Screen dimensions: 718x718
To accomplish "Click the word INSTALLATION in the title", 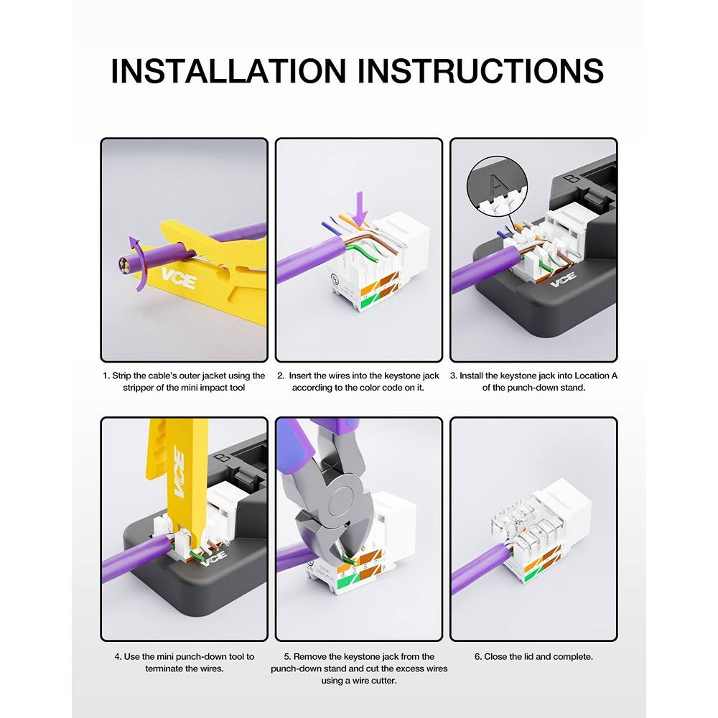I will pos(228,70).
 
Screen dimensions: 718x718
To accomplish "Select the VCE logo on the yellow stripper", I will pos(177,278).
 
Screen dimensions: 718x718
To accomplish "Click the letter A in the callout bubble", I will pos(503,182).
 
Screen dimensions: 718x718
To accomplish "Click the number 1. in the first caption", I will pos(106,376).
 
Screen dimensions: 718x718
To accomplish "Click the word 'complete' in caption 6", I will pos(574,656).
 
